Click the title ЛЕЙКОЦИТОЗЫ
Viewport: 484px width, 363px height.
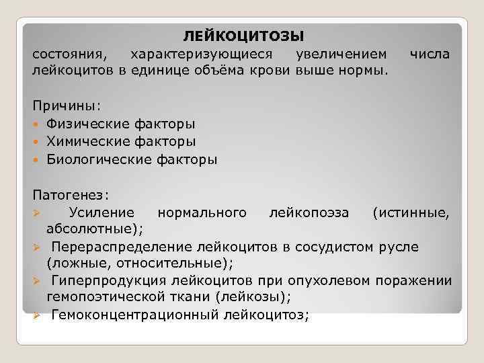243,34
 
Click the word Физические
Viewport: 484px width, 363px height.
87,124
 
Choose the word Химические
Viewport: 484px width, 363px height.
87,141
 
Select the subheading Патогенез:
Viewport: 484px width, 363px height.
71,195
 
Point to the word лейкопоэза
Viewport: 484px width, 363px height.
309,213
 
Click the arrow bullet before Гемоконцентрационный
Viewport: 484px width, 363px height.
38,315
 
